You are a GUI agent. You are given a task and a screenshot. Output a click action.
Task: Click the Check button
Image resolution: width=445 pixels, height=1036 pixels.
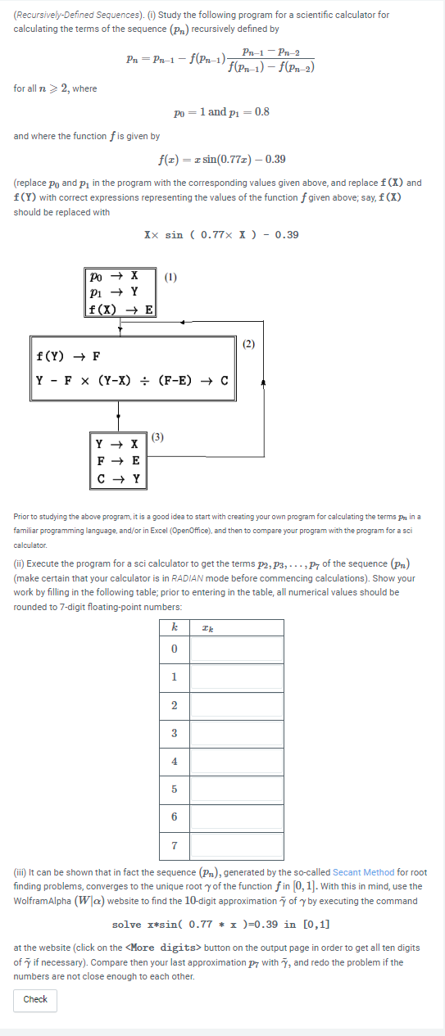35,999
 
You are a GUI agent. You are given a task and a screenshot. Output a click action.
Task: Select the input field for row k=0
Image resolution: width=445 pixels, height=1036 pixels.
238,649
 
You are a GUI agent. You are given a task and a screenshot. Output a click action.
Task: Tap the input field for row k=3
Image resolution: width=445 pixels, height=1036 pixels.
238,733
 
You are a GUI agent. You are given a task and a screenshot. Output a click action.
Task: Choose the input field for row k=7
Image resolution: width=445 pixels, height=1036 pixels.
238,844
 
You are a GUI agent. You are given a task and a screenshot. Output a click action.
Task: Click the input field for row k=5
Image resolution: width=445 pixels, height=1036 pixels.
238,789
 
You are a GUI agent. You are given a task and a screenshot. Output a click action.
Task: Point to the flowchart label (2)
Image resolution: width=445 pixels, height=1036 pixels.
249,342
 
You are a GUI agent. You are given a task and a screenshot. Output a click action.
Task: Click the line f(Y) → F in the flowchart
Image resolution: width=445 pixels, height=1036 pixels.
69,356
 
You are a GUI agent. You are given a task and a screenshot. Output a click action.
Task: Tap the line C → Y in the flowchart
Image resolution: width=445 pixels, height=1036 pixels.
118,478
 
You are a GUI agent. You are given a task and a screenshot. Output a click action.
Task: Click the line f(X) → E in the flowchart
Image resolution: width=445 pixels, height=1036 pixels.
120,309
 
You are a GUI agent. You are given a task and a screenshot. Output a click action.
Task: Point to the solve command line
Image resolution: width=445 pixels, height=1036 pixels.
220,925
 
